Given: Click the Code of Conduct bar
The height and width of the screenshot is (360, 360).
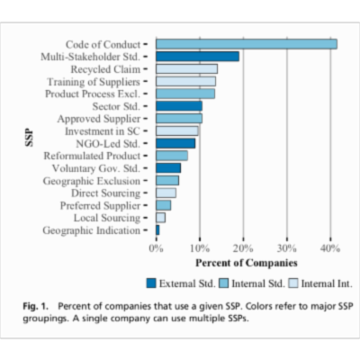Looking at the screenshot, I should click(246, 43).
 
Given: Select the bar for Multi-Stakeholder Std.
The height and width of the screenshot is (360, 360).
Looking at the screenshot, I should click(197, 56).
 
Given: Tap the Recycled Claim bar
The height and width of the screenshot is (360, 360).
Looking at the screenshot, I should click(186, 68).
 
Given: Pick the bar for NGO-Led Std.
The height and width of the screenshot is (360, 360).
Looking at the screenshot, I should click(175, 143).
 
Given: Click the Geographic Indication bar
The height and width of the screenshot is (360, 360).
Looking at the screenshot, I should click(157, 230).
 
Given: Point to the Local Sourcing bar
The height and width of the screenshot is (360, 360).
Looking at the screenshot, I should click(160, 218).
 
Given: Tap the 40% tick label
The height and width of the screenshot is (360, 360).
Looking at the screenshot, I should click(328, 247).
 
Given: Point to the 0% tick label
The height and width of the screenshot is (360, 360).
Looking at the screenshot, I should click(157, 247).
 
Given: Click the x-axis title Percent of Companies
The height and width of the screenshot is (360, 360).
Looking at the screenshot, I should click(246, 263).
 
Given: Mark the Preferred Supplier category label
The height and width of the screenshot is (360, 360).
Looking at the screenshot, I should click(98, 205).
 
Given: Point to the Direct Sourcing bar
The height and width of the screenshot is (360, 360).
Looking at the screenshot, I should click(166, 193).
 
